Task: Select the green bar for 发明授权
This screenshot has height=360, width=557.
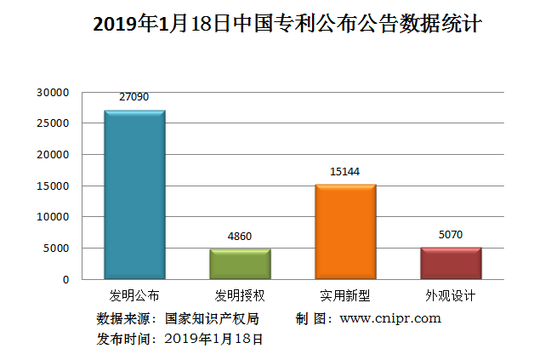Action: (x=240, y=264)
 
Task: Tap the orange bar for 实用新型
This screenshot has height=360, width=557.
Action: (x=345, y=231)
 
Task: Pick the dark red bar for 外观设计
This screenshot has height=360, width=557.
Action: (x=451, y=263)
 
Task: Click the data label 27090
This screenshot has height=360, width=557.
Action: (x=134, y=97)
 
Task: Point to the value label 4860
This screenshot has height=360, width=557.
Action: (x=240, y=236)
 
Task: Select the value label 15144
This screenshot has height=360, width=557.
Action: (x=345, y=172)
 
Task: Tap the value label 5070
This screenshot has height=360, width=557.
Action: (x=451, y=234)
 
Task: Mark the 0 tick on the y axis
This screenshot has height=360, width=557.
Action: (x=65, y=279)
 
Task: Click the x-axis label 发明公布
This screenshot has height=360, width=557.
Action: (x=134, y=297)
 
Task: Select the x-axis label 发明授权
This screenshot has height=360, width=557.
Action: (x=240, y=297)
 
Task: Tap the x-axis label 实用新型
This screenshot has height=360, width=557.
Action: (x=345, y=297)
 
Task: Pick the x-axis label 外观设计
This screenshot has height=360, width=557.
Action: (x=451, y=297)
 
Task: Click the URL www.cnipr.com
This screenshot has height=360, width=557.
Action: (x=390, y=318)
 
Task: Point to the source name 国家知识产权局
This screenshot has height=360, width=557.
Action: (x=212, y=319)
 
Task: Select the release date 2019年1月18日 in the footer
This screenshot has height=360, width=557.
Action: (x=213, y=339)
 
